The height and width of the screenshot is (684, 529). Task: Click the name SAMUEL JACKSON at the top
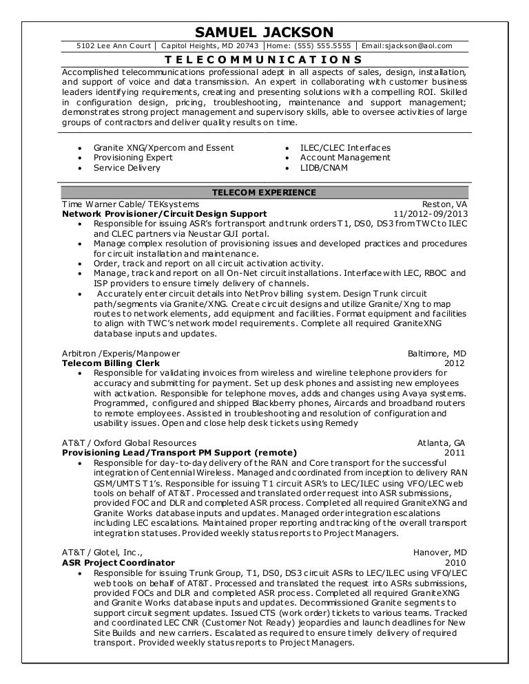pos(264,32)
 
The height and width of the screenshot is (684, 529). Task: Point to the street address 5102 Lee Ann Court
pos(113,46)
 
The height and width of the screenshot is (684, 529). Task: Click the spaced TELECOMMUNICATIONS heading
pos(264,60)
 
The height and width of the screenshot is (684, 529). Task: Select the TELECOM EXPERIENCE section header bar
pos(264,192)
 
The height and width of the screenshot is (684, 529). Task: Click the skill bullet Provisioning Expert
pos(123,158)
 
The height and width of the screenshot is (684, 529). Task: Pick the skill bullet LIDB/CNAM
pos(324,168)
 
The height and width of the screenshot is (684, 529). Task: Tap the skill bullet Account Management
pos(345,158)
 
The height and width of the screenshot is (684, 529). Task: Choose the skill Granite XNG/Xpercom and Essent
pos(164,148)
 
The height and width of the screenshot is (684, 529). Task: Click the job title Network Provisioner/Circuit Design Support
pos(163,214)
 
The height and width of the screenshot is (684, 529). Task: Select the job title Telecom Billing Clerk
pos(111,363)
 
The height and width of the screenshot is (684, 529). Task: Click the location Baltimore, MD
pos(437,353)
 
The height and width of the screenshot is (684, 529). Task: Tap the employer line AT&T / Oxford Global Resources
pos(129,442)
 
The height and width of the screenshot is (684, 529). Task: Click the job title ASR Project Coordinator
pos(118,562)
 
